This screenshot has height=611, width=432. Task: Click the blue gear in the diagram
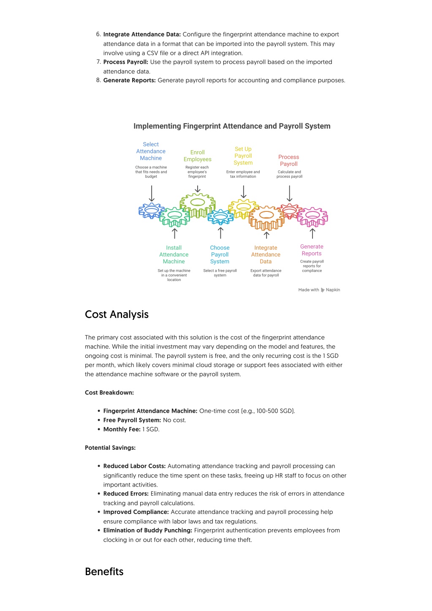pyautogui.click(x=151, y=210)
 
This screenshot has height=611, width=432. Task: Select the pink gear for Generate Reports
pyautogui.click(x=312, y=217)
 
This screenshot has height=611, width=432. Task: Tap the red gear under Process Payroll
pyautogui.click(x=290, y=210)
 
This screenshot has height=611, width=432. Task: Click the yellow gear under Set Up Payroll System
pyautogui.click(x=243, y=208)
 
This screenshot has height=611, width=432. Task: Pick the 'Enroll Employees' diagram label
pyautogui.click(x=197, y=156)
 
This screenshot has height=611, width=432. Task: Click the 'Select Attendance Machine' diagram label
pyautogui.click(x=151, y=151)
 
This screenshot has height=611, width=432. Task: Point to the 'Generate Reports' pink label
pyautogui.click(x=312, y=250)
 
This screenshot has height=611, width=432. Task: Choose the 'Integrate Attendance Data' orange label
pyautogui.click(x=266, y=255)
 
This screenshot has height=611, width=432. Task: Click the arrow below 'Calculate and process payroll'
pyautogui.click(x=289, y=193)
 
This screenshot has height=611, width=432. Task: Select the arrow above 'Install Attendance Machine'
pyautogui.click(x=174, y=233)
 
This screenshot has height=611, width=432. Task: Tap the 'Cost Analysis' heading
pyautogui.click(x=117, y=314)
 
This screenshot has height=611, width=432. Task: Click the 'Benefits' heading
pyautogui.click(x=104, y=572)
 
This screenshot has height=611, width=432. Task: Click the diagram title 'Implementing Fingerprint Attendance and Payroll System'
pyautogui.click(x=232, y=126)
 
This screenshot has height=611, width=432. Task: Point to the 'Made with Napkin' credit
pyautogui.click(x=319, y=290)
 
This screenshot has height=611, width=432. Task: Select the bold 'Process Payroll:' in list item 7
pyautogui.click(x=126, y=62)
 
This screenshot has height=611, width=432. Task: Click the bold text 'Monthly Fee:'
pyautogui.click(x=122, y=430)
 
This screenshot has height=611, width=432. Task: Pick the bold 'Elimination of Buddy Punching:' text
pyautogui.click(x=148, y=530)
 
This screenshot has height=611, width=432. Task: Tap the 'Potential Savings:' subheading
pyautogui.click(x=110, y=448)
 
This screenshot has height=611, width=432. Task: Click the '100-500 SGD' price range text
pyautogui.click(x=275, y=411)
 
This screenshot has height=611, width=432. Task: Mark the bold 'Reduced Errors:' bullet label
pyautogui.click(x=126, y=494)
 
